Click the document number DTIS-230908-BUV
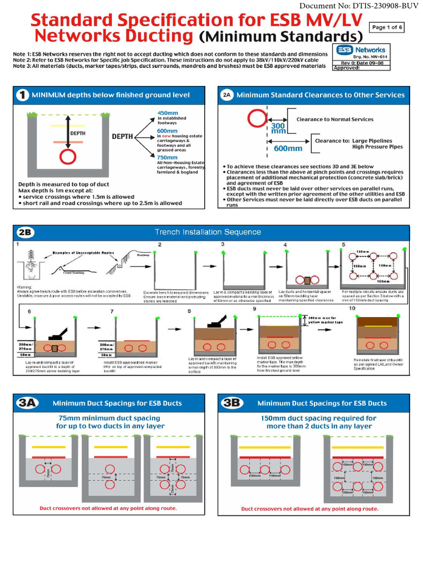[x=358, y=6]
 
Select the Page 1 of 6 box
[x=387, y=27]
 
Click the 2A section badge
[x=227, y=95]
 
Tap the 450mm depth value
[x=167, y=112]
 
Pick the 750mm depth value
[x=167, y=157]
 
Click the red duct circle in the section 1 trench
[x=67, y=157]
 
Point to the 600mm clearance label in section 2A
[x=288, y=148]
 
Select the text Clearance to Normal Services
[x=334, y=119]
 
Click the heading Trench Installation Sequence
[x=208, y=232]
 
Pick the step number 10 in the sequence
[x=352, y=308]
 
